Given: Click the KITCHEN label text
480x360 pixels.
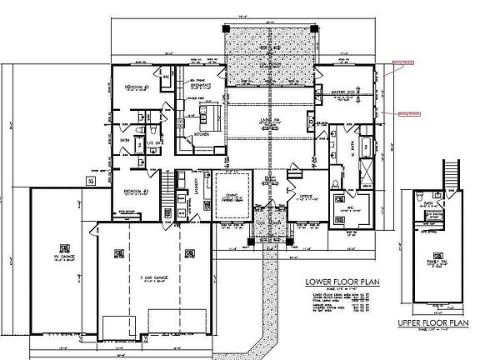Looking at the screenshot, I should pyautogui.click(x=202, y=133).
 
